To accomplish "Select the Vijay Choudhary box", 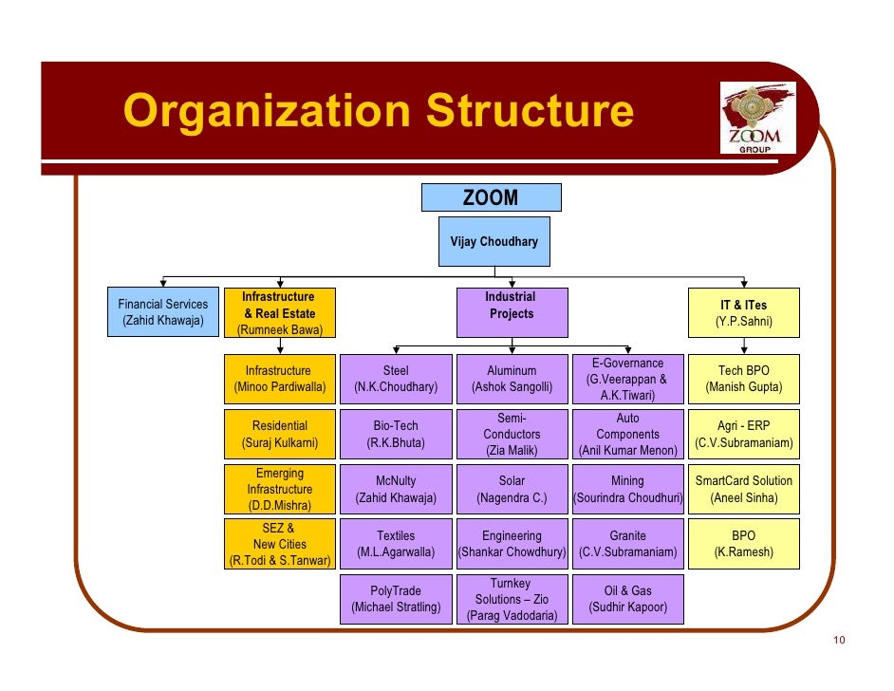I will [x=494, y=242].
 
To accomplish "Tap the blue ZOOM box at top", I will [x=491, y=197].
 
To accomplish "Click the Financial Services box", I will [x=163, y=312].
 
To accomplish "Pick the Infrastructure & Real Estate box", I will [x=279, y=313].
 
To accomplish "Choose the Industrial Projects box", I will [x=511, y=313].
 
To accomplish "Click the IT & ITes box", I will [x=744, y=313].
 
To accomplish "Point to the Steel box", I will [x=396, y=379].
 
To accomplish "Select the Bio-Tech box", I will [x=396, y=434].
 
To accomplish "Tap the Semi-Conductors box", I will [x=512, y=434].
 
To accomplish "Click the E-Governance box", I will [x=627, y=379].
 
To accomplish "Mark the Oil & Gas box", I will [x=627, y=599].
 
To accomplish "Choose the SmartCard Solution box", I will [x=744, y=489].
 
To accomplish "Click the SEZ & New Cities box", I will [x=279, y=544].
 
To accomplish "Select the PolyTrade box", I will [x=396, y=599].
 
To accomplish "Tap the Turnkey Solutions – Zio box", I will [x=512, y=599].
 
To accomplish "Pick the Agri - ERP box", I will [x=744, y=434].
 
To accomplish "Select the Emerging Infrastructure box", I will [x=279, y=489].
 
